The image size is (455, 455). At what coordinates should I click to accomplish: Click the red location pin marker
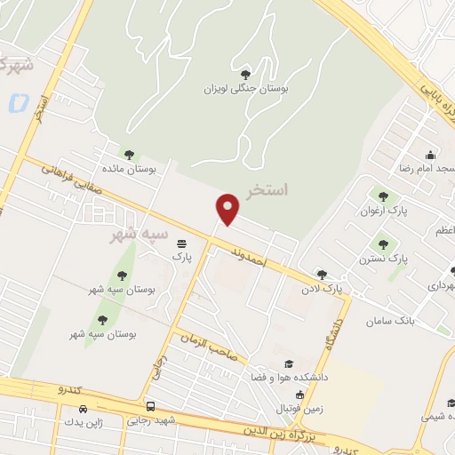229,209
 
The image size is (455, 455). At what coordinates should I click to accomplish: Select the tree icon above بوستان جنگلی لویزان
246,74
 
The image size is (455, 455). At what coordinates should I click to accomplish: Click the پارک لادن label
321,290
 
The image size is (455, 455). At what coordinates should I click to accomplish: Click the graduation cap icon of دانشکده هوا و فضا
288,363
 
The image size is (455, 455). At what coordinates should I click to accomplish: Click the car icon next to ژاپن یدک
83,409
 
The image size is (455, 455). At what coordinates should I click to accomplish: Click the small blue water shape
18,102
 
